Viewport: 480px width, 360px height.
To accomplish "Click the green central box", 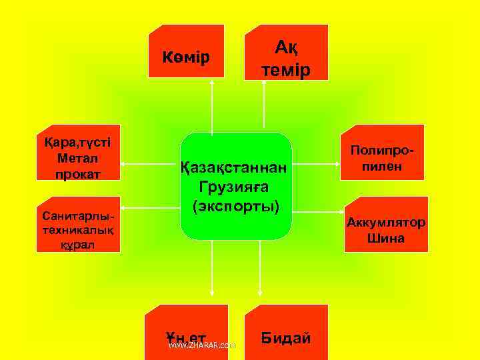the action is (236, 186).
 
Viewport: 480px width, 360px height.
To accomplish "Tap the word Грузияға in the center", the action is (236, 187).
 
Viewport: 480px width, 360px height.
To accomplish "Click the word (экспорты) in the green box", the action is (236, 205).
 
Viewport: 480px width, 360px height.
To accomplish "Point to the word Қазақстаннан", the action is (236, 168).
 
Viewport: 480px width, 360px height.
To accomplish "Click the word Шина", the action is (385, 238).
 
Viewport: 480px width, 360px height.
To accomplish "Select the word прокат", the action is (78, 173).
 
